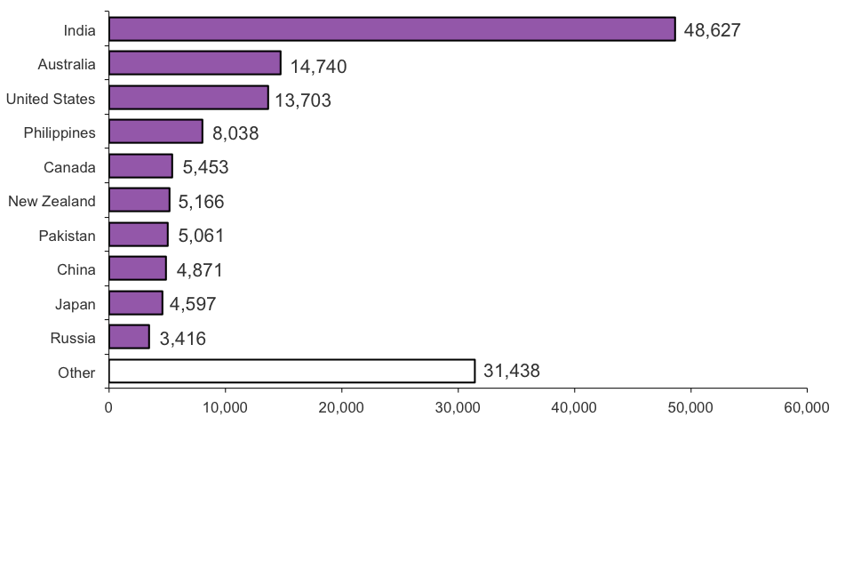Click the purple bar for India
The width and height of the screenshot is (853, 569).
click(392, 29)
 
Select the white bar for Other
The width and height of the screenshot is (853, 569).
click(291, 371)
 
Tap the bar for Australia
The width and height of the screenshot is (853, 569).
click(195, 63)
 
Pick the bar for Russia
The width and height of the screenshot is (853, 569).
click(129, 337)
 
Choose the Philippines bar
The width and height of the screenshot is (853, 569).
click(155, 132)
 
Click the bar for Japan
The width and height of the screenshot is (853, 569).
click(135, 303)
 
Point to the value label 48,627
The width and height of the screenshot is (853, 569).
click(712, 30)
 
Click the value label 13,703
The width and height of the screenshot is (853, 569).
click(302, 100)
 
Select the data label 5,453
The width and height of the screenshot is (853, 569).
click(205, 168)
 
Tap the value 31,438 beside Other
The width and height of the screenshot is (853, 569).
click(511, 372)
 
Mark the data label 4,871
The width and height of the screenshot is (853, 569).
click(199, 270)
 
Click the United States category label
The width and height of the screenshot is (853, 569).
click(51, 99)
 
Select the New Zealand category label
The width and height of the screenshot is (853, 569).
click(52, 201)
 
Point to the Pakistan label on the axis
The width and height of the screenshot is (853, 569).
click(67, 236)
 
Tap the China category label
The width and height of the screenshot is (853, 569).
click(76, 269)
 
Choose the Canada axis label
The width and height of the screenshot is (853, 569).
click(69, 167)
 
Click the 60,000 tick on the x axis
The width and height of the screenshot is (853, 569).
click(807, 408)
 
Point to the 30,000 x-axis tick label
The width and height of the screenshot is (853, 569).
click(458, 408)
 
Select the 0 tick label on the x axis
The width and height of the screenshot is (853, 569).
click(108, 408)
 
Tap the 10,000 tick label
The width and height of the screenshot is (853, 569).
click(225, 408)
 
